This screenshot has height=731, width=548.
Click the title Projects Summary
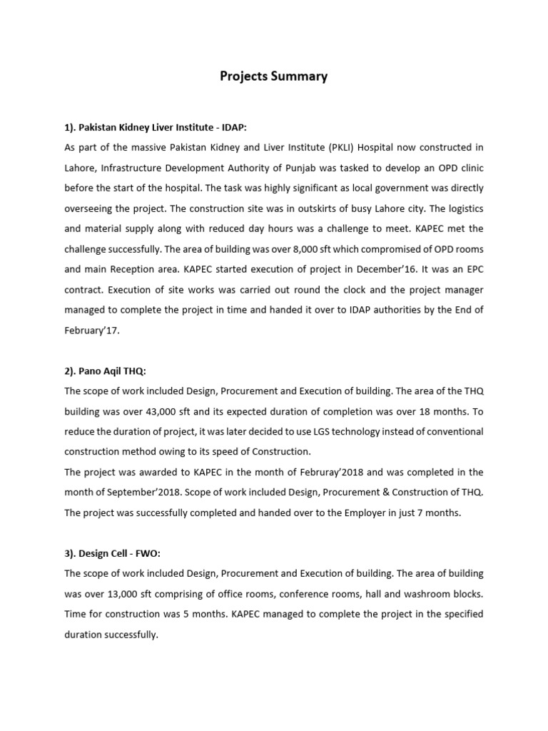[x=273, y=77]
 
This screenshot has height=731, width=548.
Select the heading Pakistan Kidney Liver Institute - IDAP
[x=155, y=127]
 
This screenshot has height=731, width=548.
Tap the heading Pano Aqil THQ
[x=105, y=370]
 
